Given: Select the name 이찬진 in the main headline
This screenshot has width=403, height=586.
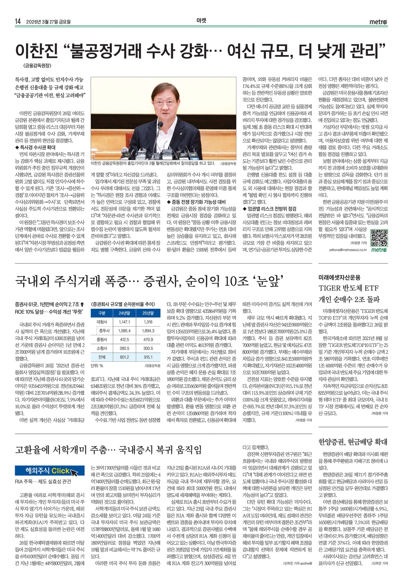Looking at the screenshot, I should click(37, 50).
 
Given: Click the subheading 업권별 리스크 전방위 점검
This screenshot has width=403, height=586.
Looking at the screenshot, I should click(270, 209).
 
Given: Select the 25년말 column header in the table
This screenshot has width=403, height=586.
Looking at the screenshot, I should click(148, 313).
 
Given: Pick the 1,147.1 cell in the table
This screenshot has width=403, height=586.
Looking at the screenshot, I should click(124, 322).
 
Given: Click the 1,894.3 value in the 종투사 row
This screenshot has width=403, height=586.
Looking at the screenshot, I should click(148, 331).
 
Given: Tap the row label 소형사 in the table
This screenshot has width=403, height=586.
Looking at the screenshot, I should click(102, 348).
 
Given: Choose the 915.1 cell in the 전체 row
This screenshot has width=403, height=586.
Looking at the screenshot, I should click(148, 357).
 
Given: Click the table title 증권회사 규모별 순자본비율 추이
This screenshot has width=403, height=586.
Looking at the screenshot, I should click(122, 304).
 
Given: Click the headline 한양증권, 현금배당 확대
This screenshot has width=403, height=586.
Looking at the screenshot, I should click(353, 442).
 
